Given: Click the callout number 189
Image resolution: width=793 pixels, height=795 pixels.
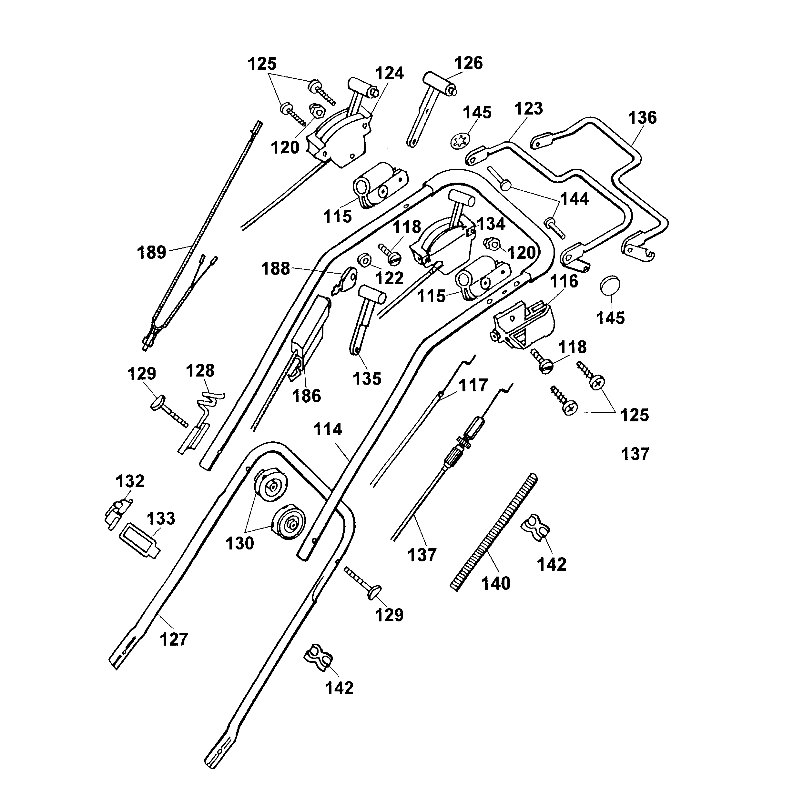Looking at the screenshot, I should coord(151,252).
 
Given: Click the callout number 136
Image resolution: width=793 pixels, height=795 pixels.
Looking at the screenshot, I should coord(642,118).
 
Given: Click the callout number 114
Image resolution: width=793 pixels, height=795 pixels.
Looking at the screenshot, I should coord(328,429).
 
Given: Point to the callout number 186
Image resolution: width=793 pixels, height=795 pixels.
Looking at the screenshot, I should coord(306,396).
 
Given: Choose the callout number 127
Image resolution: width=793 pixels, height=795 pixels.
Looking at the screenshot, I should coord(174,639).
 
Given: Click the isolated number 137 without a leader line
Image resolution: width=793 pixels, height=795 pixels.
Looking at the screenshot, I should coord(635,454).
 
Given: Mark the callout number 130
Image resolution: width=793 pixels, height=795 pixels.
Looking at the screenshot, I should coord(239,544).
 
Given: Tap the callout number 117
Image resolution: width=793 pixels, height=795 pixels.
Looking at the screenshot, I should coord(473,386).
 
